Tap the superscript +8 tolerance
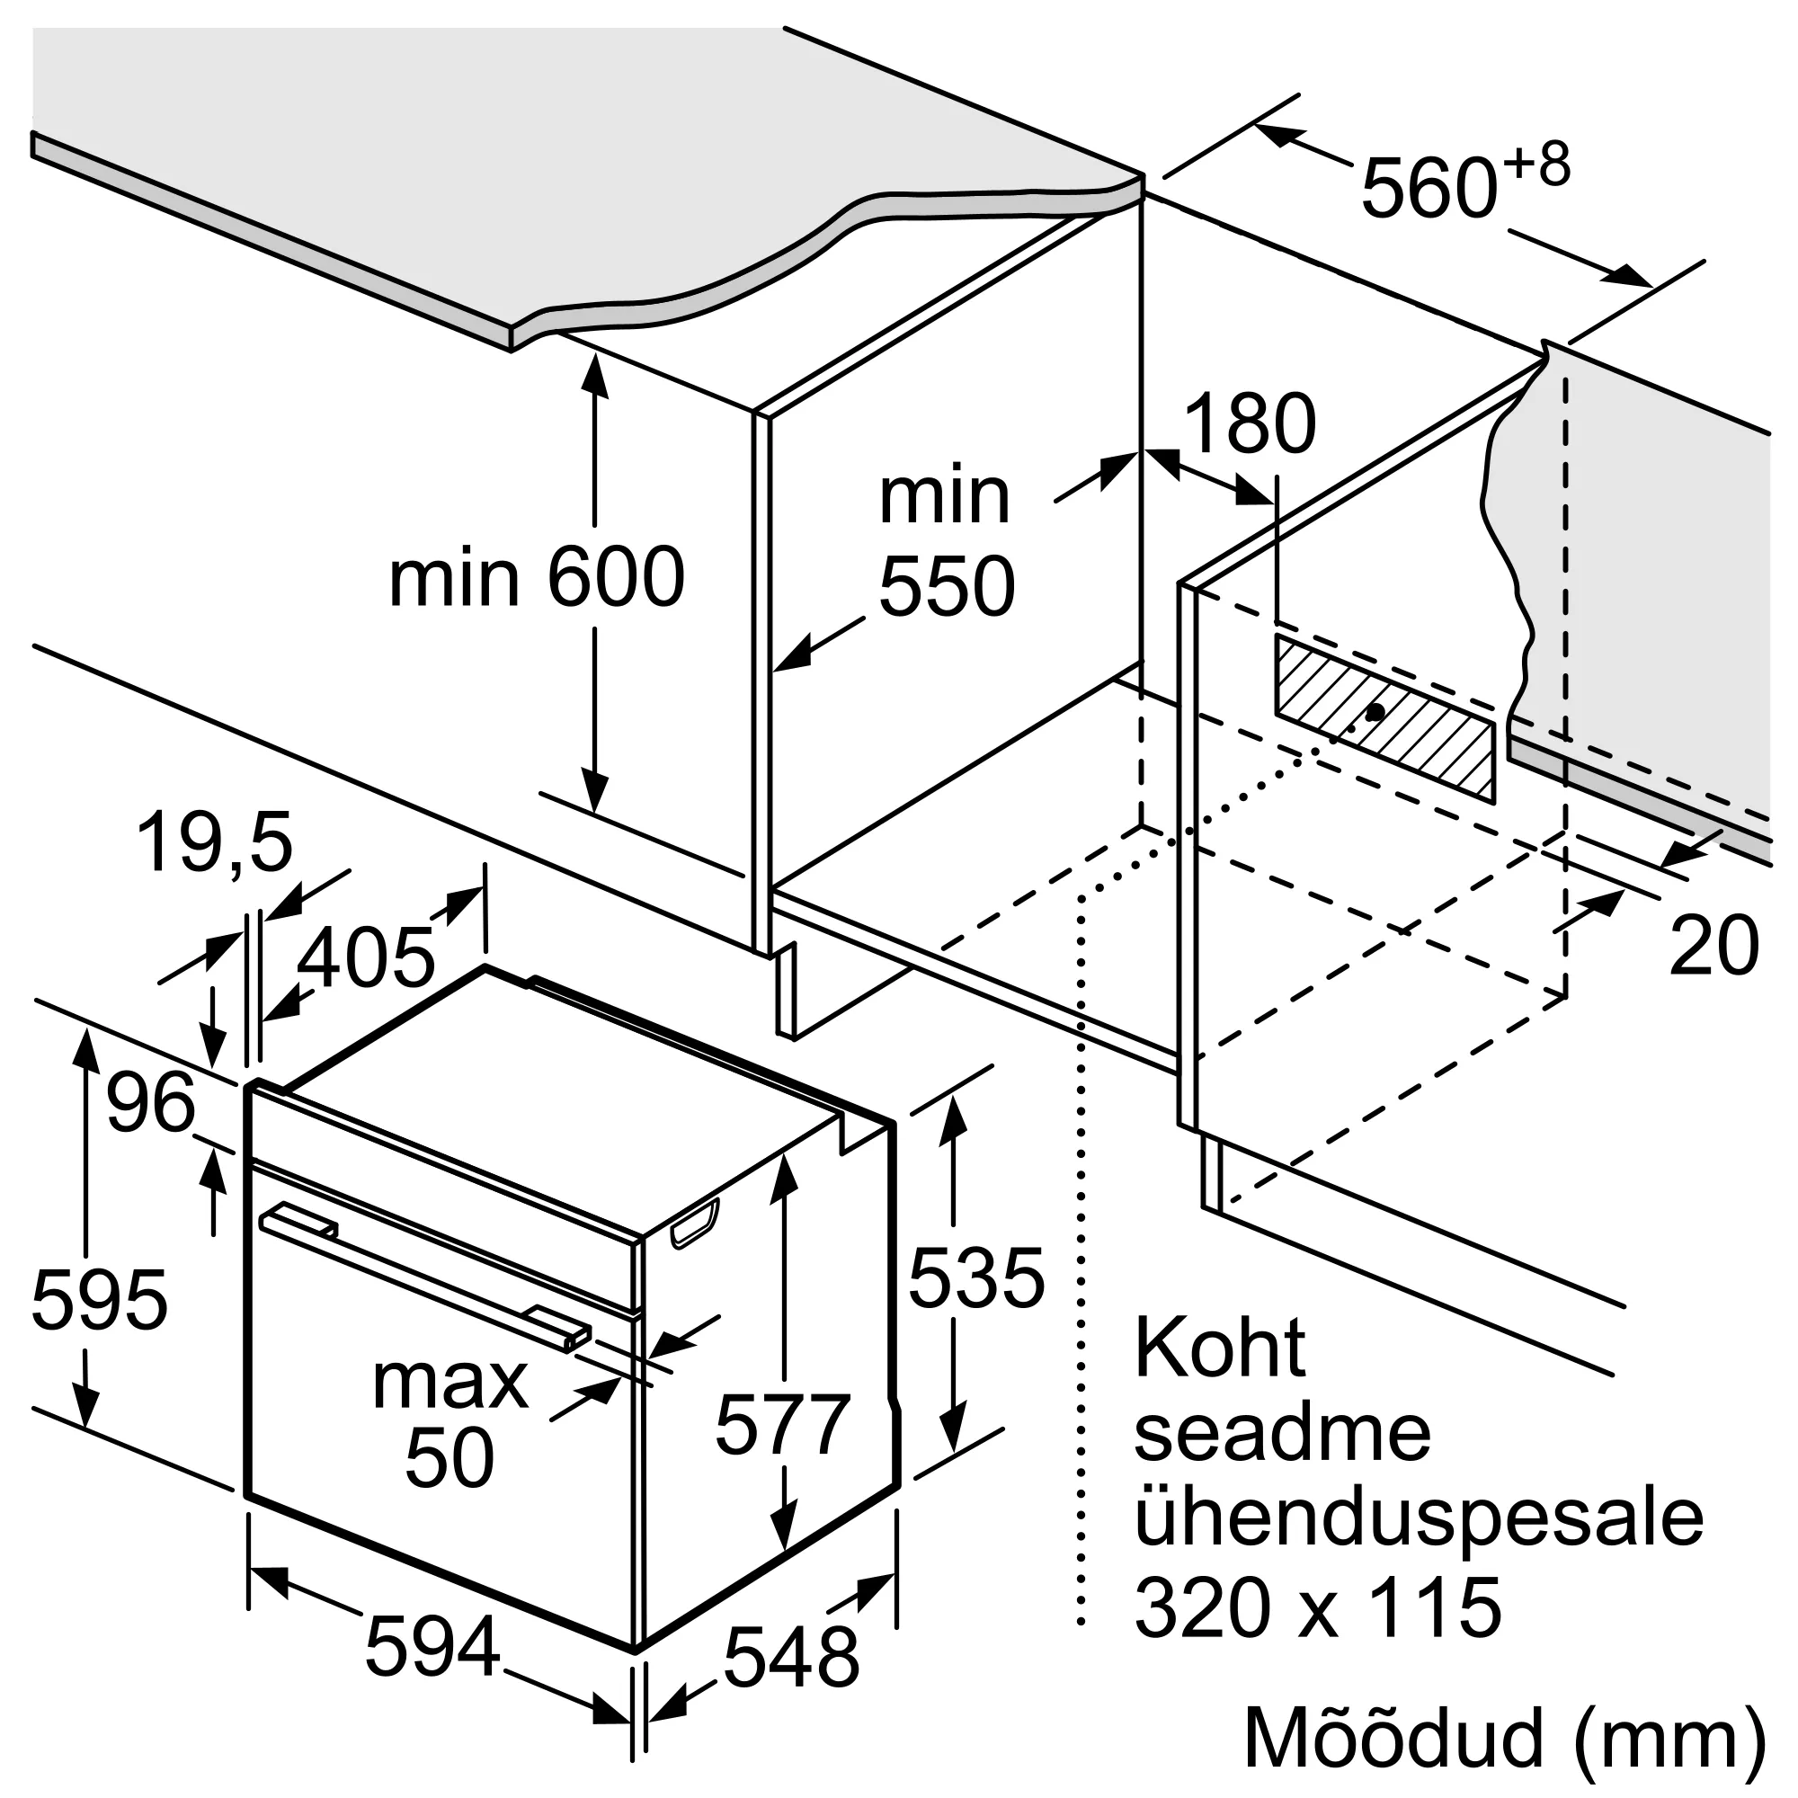1535,165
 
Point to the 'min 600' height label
536,578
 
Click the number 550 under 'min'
946,586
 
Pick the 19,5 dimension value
214,842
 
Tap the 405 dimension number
366,957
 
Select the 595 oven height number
100,1299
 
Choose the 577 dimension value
783,1424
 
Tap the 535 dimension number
976,1277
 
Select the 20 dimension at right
1713,946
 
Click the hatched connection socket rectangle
1384,717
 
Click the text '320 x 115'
1318,1607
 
